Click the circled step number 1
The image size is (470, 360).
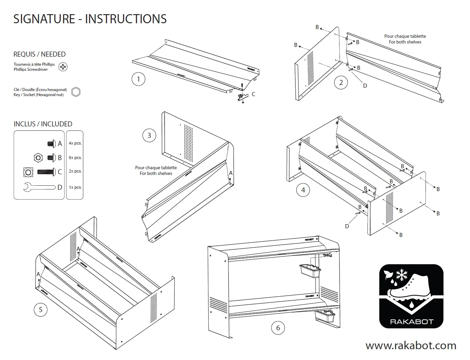[x=138, y=80]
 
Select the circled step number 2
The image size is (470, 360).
[x=341, y=83]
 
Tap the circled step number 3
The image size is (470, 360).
[x=149, y=136]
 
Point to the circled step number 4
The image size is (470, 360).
[x=303, y=190]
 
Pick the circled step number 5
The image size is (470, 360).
[x=41, y=309]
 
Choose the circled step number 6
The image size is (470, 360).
[x=278, y=328]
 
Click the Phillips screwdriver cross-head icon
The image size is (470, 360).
[x=63, y=67]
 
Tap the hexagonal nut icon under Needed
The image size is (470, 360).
[x=76, y=92]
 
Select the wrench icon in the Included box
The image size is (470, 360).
[x=39, y=187]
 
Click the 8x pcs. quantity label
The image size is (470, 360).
[x=75, y=157]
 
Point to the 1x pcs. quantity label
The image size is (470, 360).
[x=75, y=187]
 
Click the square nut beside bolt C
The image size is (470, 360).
[x=28, y=172]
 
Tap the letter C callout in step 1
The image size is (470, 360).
[x=253, y=94]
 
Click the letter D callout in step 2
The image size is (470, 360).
[x=365, y=86]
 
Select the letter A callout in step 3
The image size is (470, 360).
[x=231, y=173]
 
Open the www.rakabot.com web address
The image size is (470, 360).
[x=411, y=345]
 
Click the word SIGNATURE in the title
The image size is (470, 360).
[x=44, y=19]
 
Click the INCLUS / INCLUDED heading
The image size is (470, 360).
[x=43, y=124]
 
